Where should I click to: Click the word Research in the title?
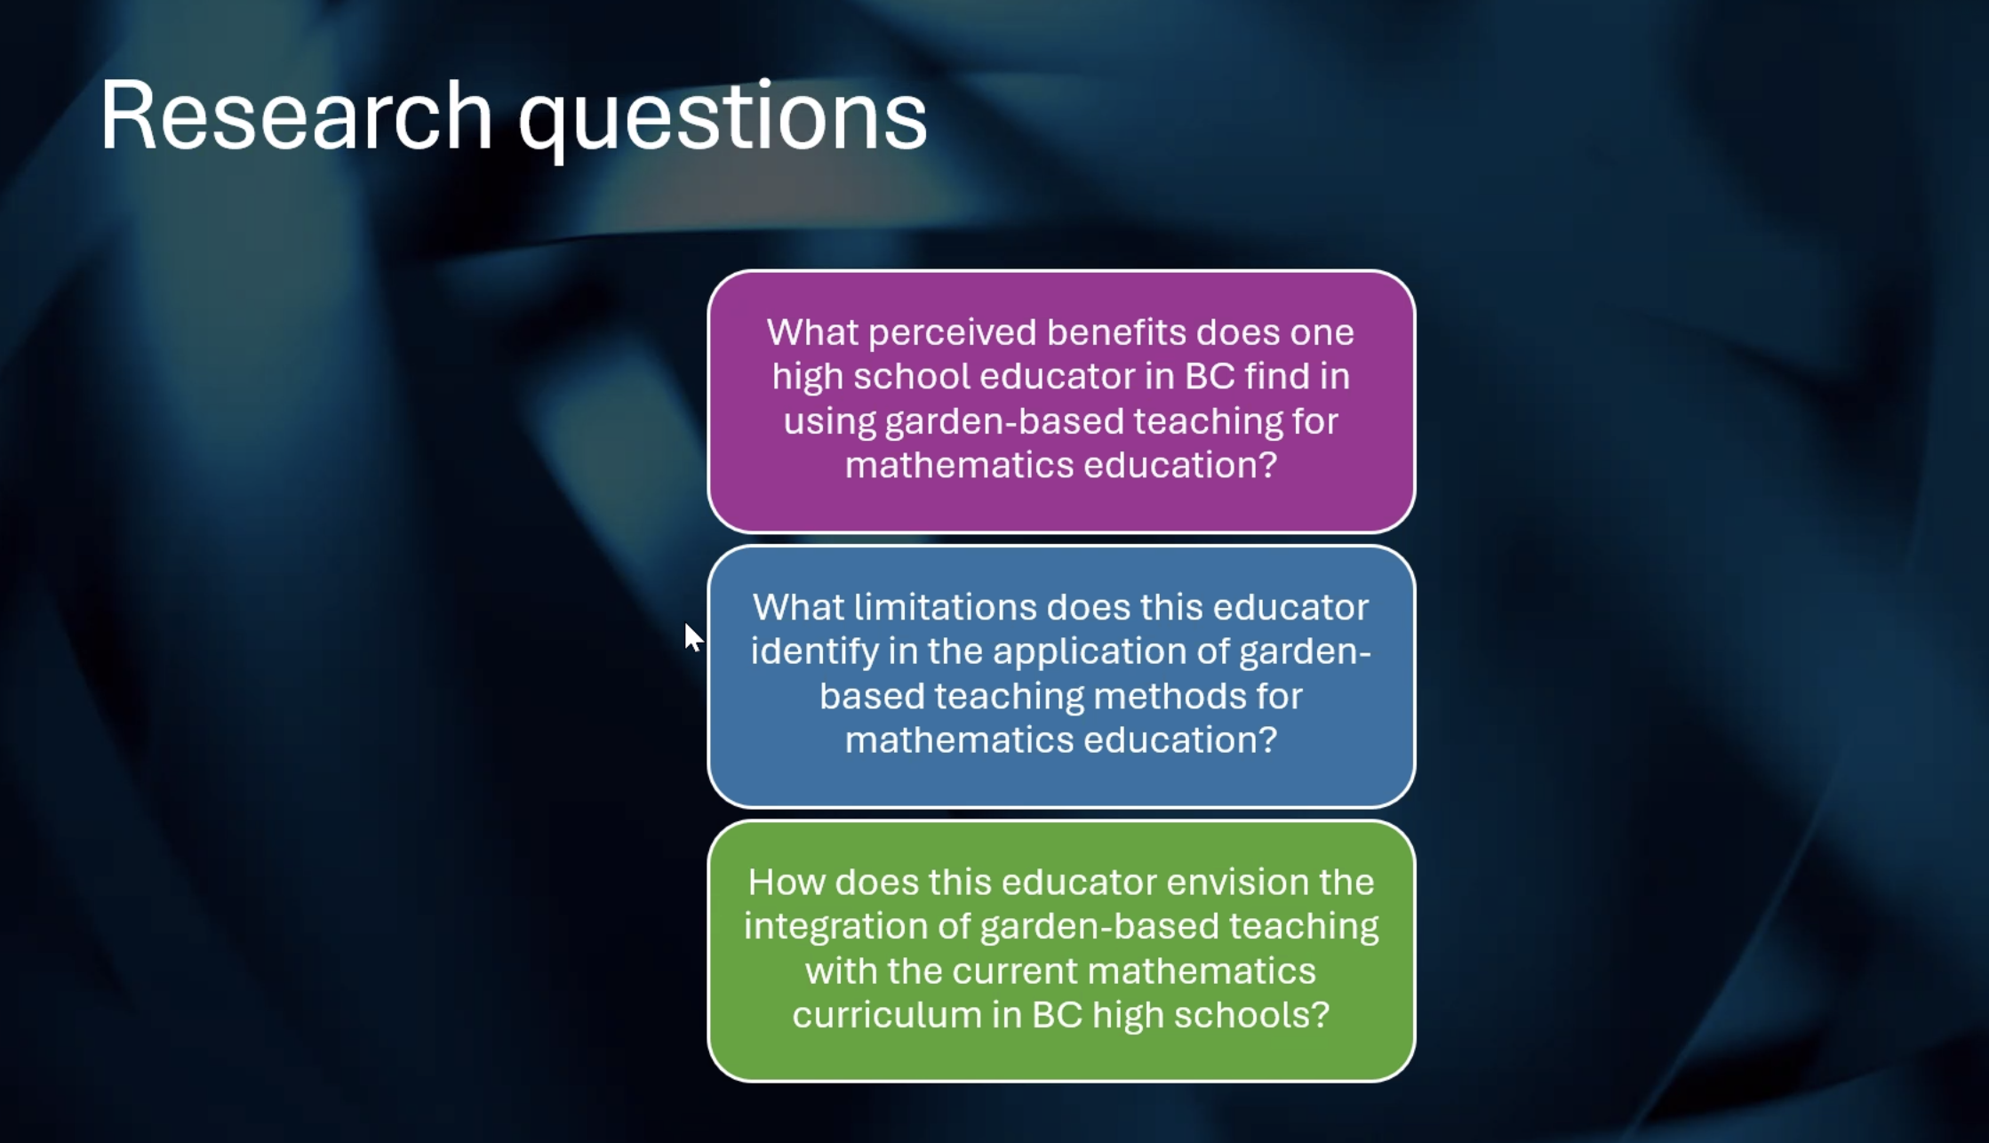[x=296, y=116]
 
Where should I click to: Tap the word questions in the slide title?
[x=723, y=121]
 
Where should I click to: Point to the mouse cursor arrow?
[x=693, y=637]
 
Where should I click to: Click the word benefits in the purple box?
[x=1116, y=332]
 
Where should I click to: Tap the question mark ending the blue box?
[x=1268, y=739]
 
